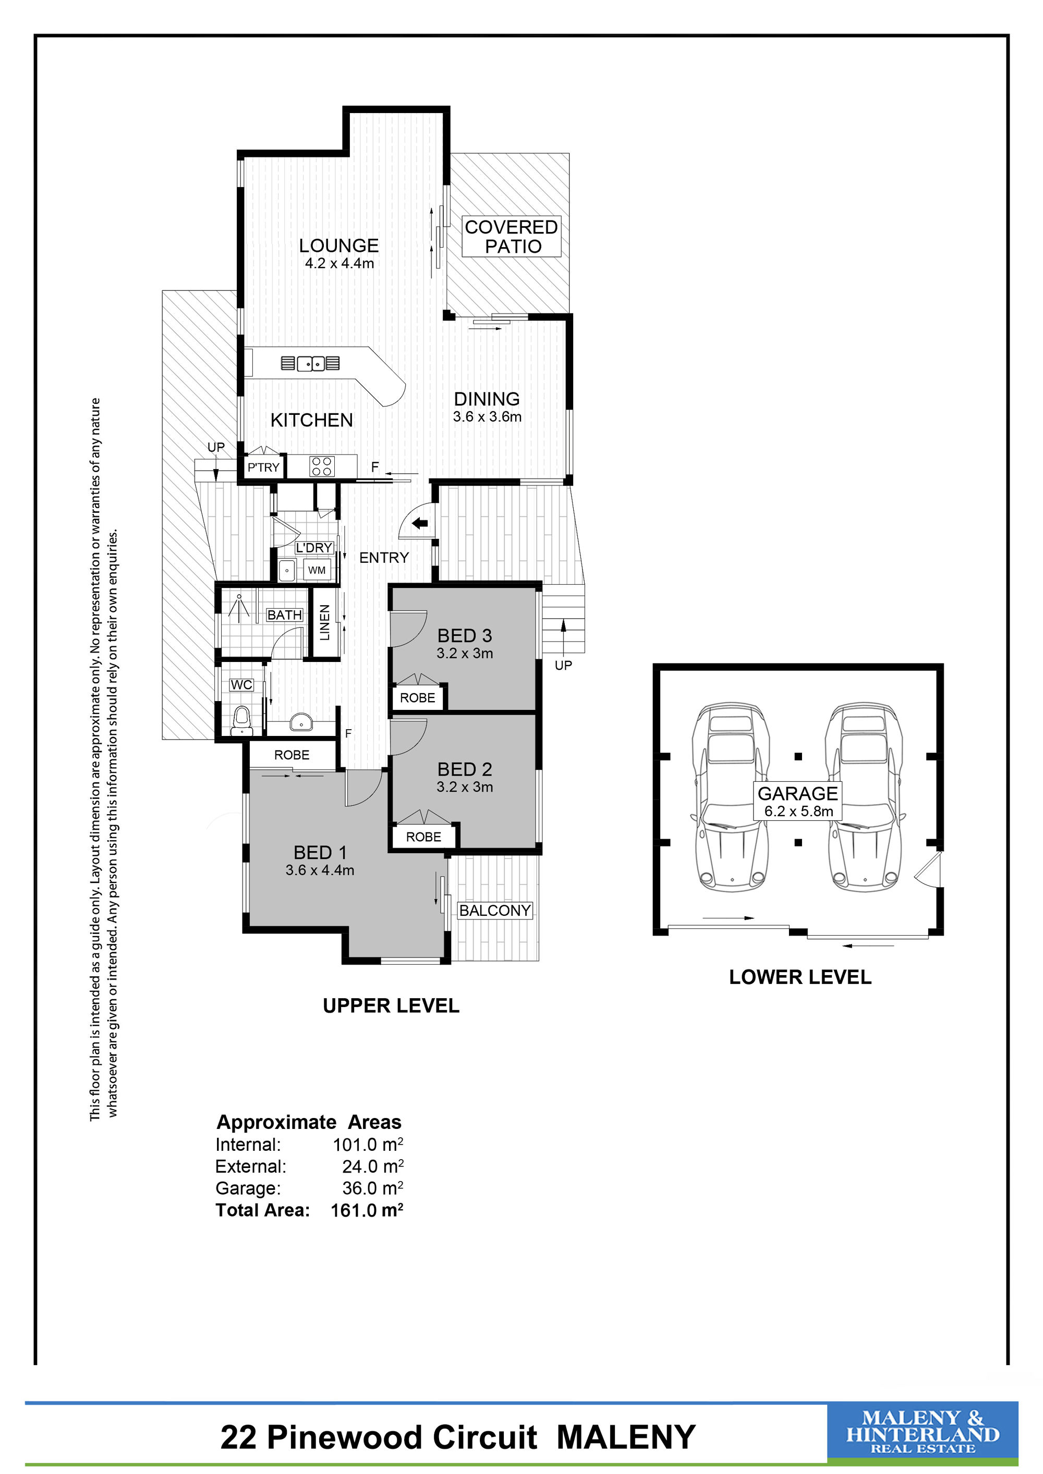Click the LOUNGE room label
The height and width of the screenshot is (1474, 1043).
[x=338, y=245]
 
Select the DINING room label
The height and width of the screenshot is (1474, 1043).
[x=487, y=399]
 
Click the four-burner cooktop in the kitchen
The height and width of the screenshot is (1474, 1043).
[x=322, y=466]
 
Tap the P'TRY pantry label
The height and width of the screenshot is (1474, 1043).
[x=263, y=468]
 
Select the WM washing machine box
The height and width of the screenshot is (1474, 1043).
[x=317, y=570]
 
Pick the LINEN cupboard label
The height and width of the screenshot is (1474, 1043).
[x=325, y=622]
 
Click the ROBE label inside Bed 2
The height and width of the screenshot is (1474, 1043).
[x=423, y=837]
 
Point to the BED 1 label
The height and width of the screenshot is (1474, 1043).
[x=320, y=853]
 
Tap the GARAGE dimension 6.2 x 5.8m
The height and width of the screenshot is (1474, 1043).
[x=798, y=812]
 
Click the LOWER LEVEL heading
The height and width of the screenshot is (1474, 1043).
[x=799, y=977]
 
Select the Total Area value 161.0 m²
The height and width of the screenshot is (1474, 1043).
[x=367, y=1210]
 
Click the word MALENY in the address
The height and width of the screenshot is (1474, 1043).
[x=626, y=1438]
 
